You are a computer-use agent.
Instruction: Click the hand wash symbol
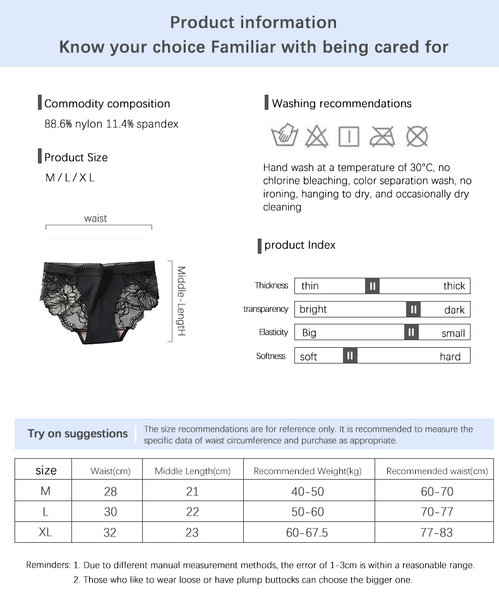click(284, 136)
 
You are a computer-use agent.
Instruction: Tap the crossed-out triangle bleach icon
click(316, 136)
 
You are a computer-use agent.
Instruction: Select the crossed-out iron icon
click(382, 136)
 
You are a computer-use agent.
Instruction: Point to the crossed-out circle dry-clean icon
click(416, 136)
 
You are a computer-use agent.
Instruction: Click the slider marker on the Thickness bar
click(373, 286)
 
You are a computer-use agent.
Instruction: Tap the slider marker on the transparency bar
click(413, 309)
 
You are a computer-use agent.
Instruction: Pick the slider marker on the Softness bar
click(351, 356)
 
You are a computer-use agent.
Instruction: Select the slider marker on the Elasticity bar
click(411, 333)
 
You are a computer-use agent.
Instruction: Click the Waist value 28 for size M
click(111, 492)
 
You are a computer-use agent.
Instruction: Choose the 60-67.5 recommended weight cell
click(307, 533)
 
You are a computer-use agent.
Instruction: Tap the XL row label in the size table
click(45, 532)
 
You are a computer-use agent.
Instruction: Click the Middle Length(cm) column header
click(193, 471)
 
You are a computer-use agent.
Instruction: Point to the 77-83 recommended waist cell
click(436, 533)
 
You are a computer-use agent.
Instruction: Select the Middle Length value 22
click(193, 512)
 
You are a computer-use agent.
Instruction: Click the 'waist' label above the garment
click(95, 218)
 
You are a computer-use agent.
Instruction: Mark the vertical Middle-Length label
click(181, 300)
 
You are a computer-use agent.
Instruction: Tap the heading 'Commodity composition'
click(107, 104)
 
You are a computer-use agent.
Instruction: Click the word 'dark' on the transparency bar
click(454, 310)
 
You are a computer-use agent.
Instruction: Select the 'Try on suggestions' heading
click(78, 434)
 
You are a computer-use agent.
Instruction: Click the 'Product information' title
click(253, 23)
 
